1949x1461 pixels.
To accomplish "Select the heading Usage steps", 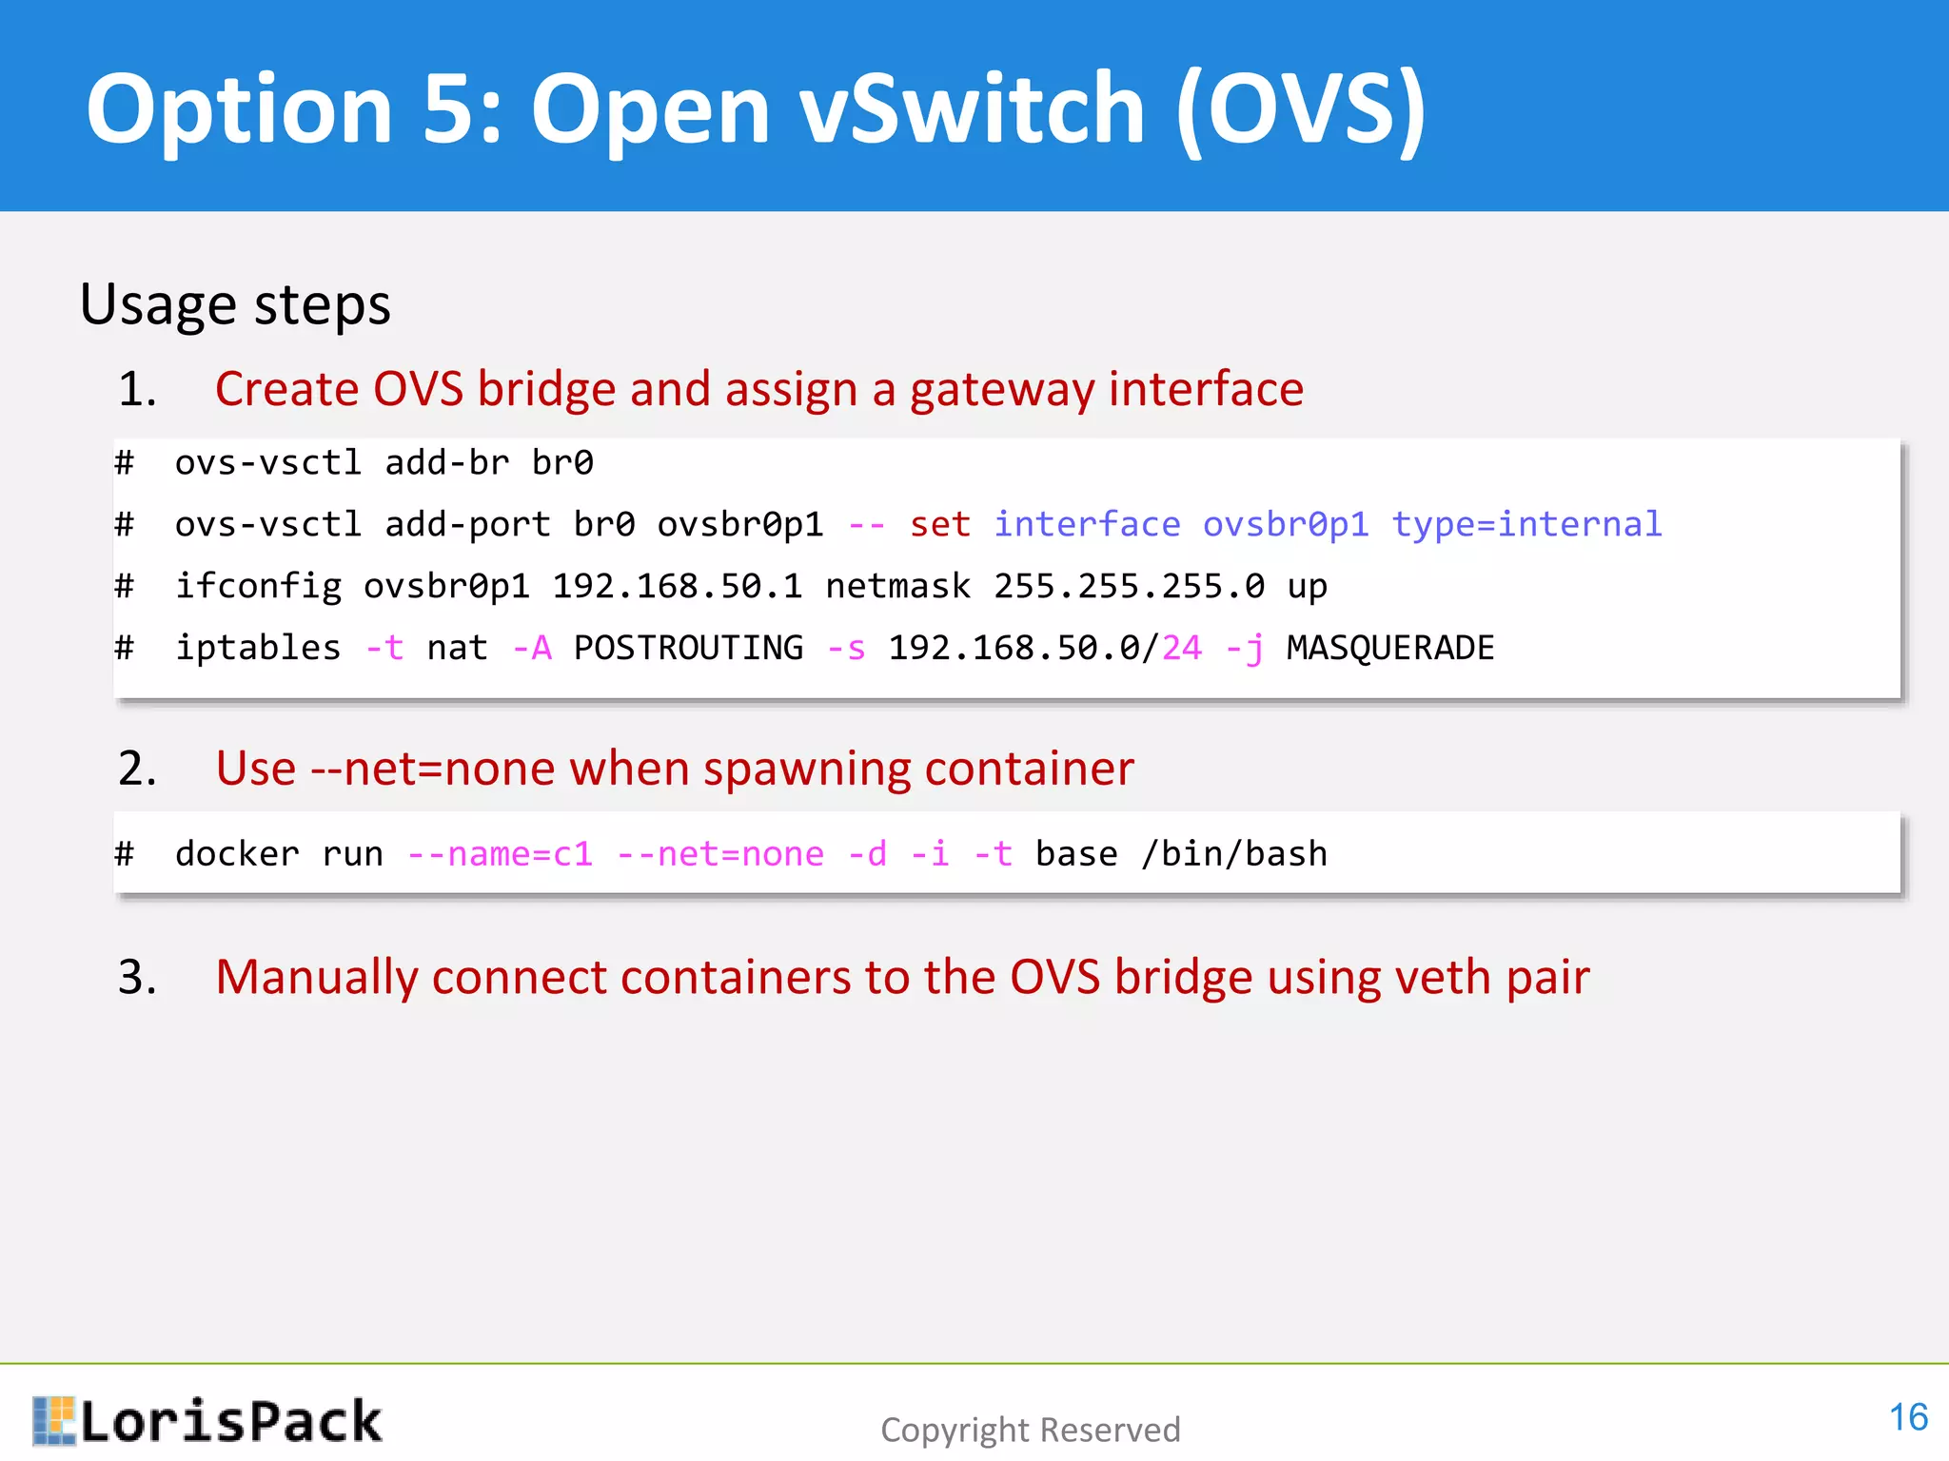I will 235,305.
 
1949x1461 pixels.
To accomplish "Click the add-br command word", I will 446,463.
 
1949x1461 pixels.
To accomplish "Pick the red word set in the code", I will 939,525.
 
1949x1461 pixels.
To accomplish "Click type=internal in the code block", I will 1526,525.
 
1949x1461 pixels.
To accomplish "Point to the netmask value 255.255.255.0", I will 1129,587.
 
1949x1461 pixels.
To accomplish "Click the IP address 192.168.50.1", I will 678,587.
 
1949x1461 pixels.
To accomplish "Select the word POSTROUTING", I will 688,649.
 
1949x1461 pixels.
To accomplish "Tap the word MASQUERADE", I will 1389,649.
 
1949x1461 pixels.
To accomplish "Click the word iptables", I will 258,649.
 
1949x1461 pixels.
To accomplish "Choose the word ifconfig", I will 258,587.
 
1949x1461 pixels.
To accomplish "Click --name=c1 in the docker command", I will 500,854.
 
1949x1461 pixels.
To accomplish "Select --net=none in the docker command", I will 719,854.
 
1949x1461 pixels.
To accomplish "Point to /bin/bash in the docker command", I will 1233,854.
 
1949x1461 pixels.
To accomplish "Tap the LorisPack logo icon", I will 53,1421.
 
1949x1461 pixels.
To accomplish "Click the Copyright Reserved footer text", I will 1030,1430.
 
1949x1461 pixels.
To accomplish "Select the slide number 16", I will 1907,1418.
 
